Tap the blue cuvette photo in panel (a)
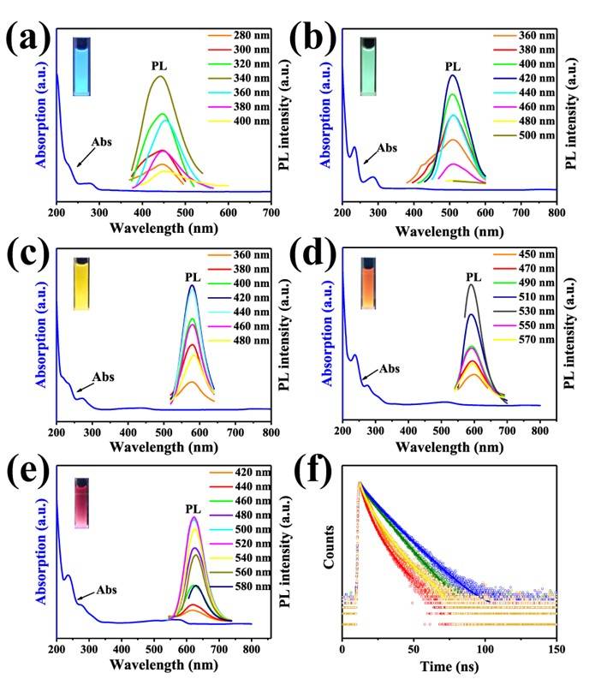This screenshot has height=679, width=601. click(x=81, y=52)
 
